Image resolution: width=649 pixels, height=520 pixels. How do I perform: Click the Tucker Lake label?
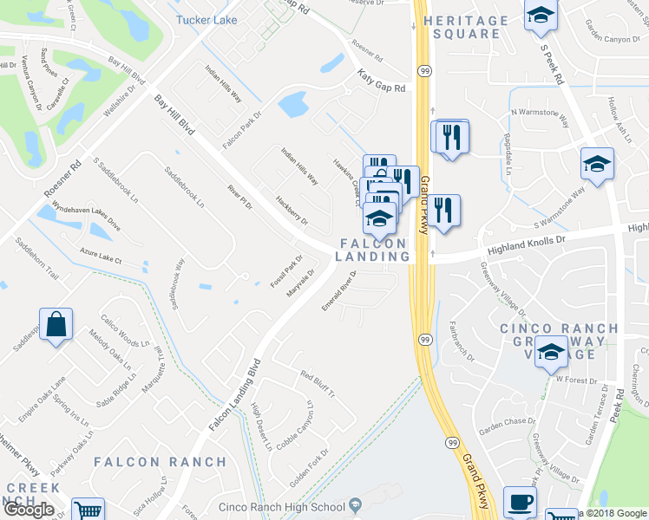206,20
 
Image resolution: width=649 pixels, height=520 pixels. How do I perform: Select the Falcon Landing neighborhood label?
374,250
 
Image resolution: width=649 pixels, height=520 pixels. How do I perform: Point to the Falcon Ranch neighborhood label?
161,461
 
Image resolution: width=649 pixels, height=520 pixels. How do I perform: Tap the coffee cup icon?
520,502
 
